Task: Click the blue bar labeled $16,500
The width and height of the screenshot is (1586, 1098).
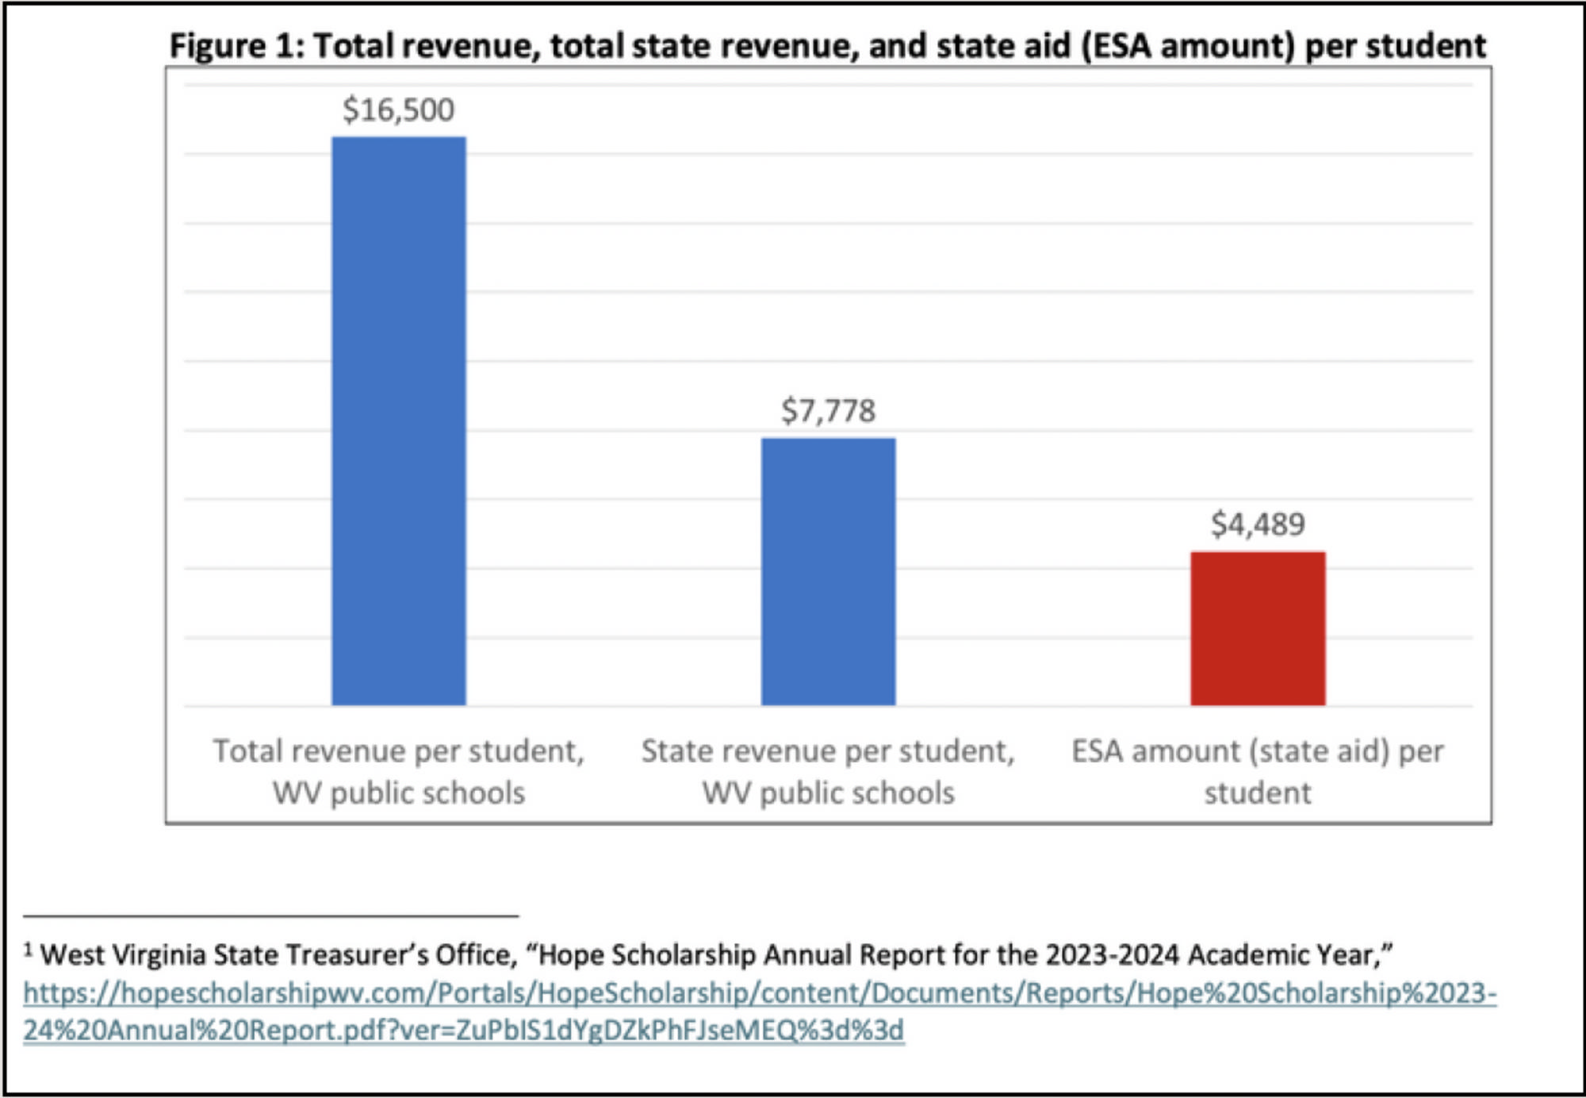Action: point(398,420)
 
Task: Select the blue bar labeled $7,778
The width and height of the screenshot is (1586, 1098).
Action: point(828,571)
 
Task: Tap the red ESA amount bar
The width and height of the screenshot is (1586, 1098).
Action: point(1258,628)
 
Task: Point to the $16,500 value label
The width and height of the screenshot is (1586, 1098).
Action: point(398,109)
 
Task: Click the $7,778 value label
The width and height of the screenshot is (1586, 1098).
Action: point(828,410)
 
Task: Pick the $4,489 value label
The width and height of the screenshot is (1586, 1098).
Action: point(1258,524)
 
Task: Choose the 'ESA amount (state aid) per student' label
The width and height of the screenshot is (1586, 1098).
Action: point(1258,771)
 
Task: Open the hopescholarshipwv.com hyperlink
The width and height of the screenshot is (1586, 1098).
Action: point(760,993)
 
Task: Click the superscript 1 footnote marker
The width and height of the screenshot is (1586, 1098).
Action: point(28,949)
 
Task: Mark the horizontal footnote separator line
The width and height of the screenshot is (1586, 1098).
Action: point(270,916)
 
